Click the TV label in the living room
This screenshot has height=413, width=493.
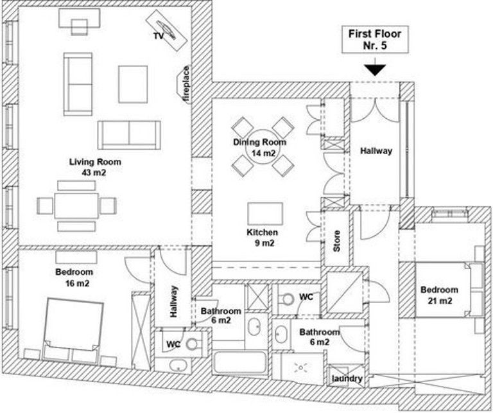(x=158, y=36)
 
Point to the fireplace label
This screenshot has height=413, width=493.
(x=186, y=83)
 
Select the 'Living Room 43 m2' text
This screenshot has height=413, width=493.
(x=95, y=167)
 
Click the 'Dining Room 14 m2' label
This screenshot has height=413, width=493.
(x=259, y=148)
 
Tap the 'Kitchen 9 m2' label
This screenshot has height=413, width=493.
(x=263, y=237)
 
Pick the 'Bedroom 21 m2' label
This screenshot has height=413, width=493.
(x=439, y=295)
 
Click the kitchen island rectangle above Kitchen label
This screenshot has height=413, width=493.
(x=266, y=212)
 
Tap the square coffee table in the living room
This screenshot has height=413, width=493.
(x=133, y=84)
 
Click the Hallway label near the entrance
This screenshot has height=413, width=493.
(x=376, y=151)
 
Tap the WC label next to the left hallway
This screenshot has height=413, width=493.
(x=173, y=344)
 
